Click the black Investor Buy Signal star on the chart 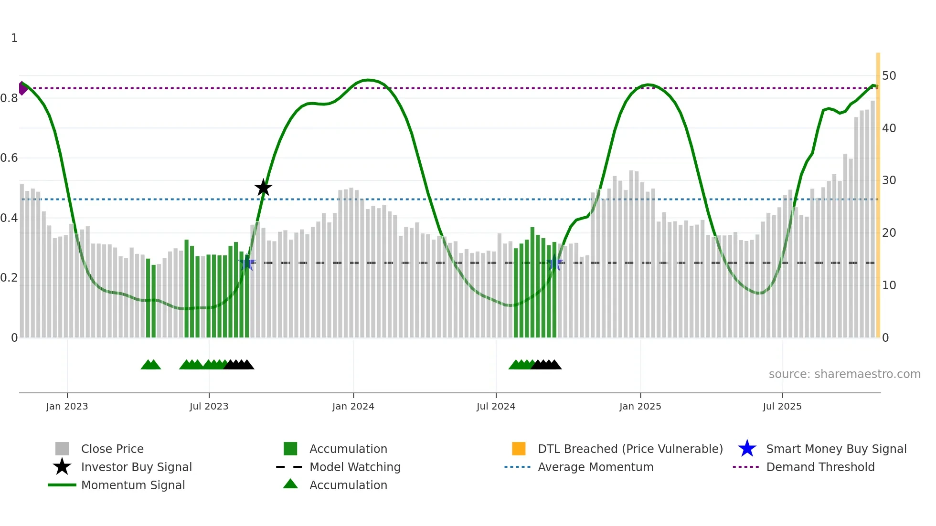(263, 188)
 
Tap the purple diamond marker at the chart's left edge (22, 88)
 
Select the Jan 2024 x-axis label (353, 406)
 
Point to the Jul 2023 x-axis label (209, 406)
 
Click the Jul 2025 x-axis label (782, 406)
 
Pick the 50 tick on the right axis (889, 76)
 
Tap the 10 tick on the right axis (889, 285)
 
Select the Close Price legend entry (112, 449)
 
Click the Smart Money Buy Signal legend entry (836, 449)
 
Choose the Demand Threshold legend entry (820, 467)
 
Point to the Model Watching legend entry (355, 467)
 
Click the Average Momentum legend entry (596, 467)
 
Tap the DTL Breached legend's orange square (519, 449)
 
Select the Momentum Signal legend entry (133, 485)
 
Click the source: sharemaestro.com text (844, 374)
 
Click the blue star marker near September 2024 (554, 263)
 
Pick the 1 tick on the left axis (14, 38)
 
